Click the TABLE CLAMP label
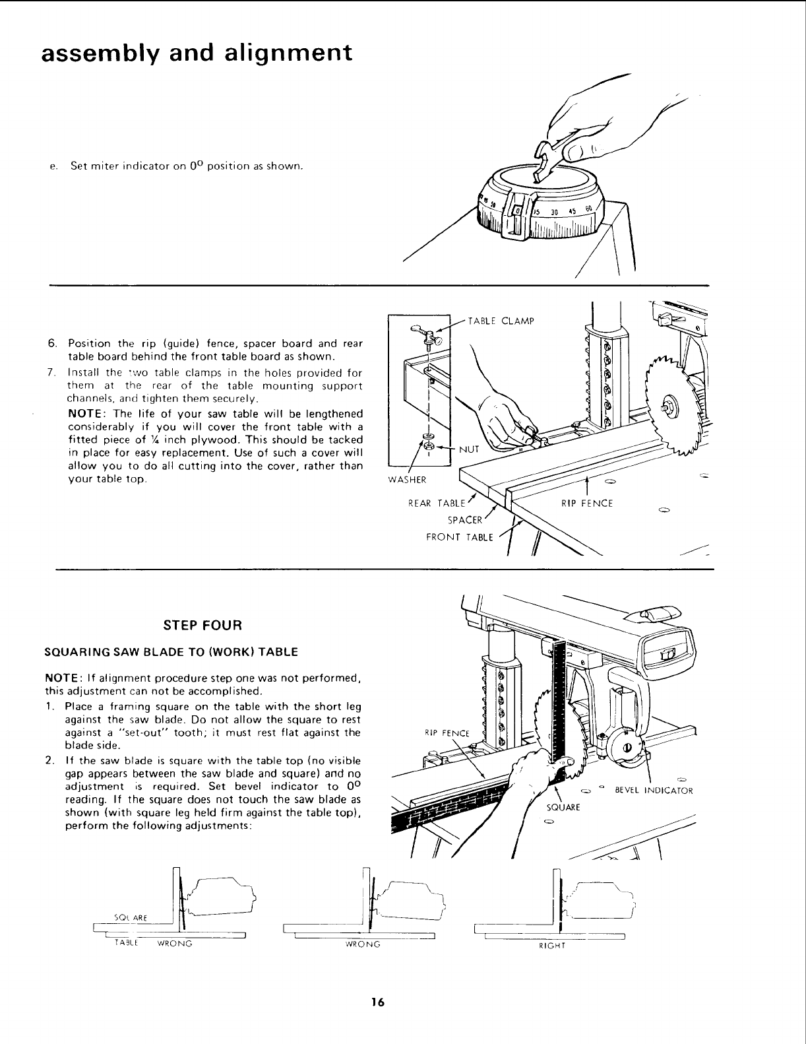pos(500,321)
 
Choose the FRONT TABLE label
pos(460,537)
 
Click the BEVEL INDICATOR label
pos(654,790)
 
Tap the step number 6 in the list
pos(51,344)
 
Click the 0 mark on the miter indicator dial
pos(518,210)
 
